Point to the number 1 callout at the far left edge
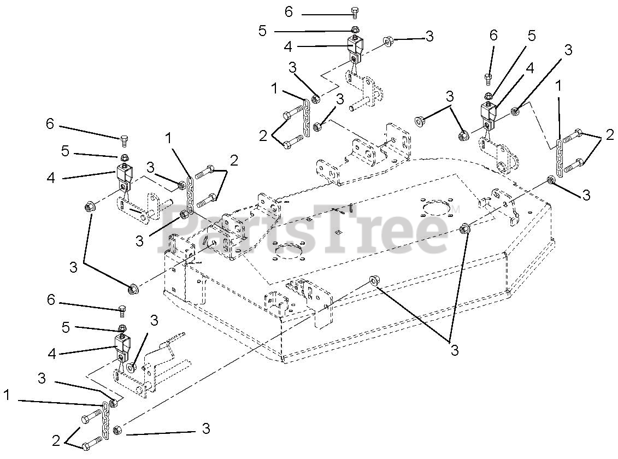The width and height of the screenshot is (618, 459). click(x=7, y=395)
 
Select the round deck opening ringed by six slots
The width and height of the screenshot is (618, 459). click(x=442, y=210)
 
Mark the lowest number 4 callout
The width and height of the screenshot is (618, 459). click(x=51, y=354)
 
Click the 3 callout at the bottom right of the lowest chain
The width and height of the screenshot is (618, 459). click(x=205, y=429)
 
